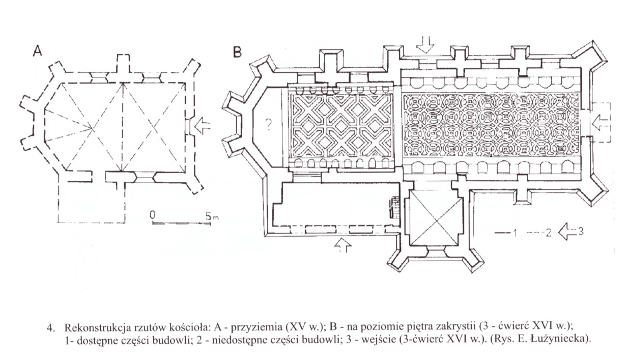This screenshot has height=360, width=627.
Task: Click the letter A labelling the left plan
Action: (x=37, y=51)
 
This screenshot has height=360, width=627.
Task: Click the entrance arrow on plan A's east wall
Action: (x=202, y=126)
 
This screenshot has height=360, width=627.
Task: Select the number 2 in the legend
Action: (x=549, y=233)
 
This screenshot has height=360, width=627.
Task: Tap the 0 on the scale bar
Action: (x=153, y=216)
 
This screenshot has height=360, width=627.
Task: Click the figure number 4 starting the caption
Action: (x=49, y=327)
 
